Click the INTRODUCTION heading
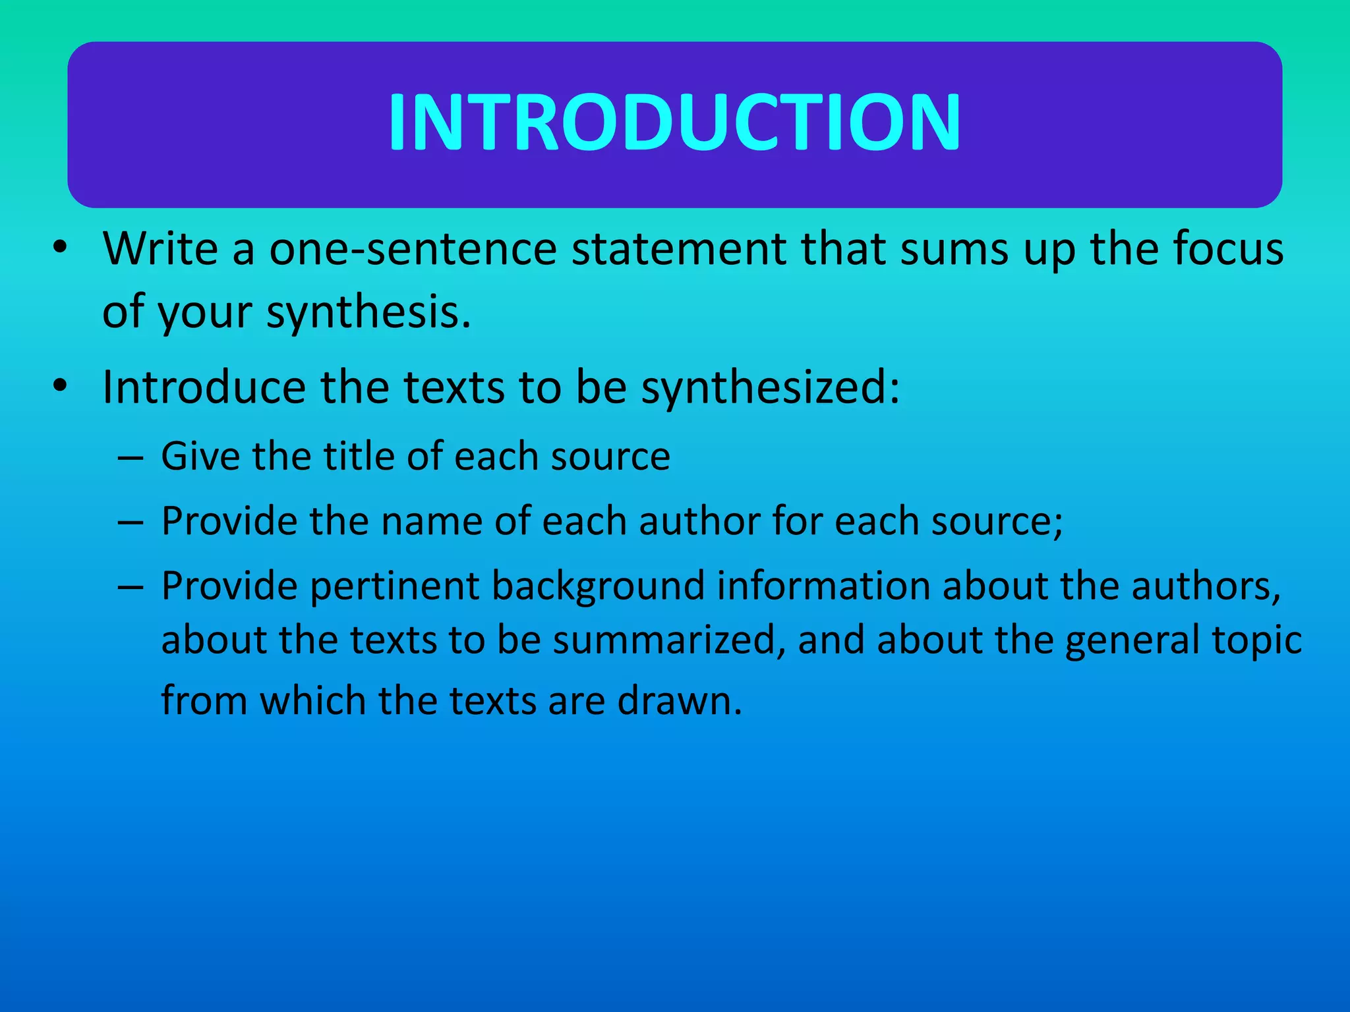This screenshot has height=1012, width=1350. (x=674, y=123)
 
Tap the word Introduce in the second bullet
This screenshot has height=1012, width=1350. (x=204, y=387)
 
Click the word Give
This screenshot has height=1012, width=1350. (x=200, y=456)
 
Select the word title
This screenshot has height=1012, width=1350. (x=359, y=456)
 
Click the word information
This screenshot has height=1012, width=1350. (x=823, y=586)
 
